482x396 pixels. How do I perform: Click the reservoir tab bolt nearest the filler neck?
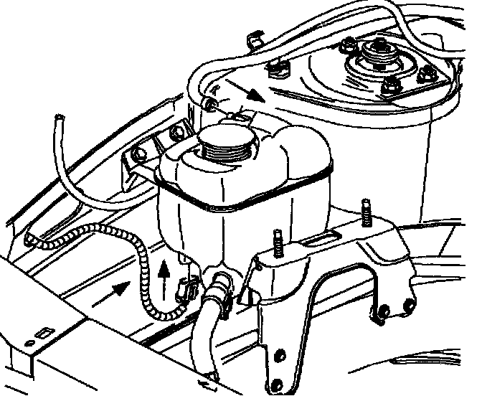[x=177, y=133]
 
